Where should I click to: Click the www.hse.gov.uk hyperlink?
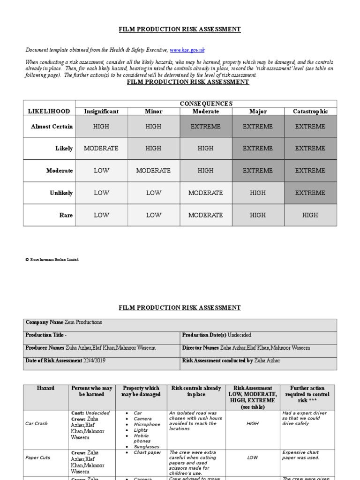pos(187,50)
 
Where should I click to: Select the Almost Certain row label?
pos(52,127)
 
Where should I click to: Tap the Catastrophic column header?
pos(310,112)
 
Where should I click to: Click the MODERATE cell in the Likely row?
pos(101,149)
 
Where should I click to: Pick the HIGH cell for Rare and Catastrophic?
pos(310,215)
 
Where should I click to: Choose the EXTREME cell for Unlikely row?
pos(310,193)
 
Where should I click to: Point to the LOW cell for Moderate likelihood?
pos(101,171)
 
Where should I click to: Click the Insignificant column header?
pos(101,112)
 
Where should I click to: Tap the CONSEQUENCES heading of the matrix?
pos(206,104)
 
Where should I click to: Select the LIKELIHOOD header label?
pos(49,112)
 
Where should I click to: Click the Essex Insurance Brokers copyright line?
pos(52,259)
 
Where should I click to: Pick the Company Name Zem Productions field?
pos(64,322)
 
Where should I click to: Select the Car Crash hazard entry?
pos(36,423)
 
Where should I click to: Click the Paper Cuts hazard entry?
pos(38,457)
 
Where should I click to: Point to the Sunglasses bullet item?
pos(146,447)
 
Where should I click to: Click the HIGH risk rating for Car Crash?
pos(252,423)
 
